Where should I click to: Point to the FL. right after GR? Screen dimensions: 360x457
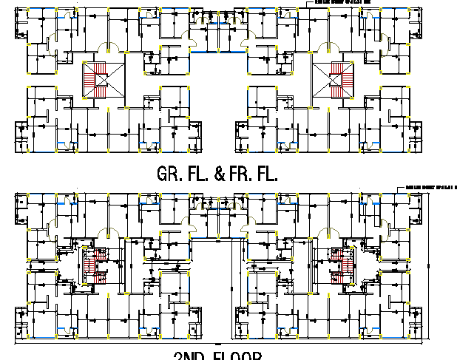[x=198, y=175]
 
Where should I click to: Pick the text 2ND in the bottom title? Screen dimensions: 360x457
[x=184, y=356]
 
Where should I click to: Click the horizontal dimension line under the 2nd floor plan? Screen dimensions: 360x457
[x=222, y=344]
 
